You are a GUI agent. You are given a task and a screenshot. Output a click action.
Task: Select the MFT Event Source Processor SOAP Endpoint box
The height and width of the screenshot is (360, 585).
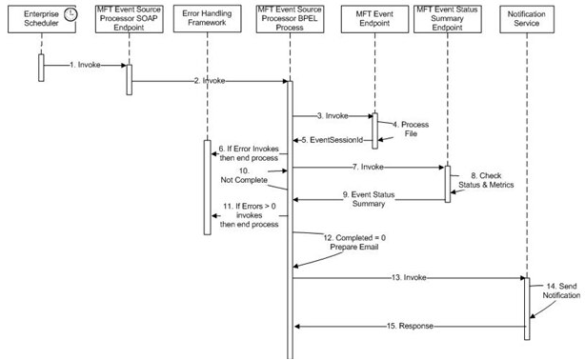129,21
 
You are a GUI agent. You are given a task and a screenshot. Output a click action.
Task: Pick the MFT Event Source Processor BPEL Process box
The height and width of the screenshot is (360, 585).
290,21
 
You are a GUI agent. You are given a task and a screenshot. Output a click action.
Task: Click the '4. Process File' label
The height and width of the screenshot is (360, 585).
414,130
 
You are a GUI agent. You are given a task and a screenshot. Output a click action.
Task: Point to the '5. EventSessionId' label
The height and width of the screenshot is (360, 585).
333,140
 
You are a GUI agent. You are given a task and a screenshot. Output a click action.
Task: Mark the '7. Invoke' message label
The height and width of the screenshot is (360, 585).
369,166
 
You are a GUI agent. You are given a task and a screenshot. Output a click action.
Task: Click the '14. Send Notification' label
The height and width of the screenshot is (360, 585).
562,290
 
